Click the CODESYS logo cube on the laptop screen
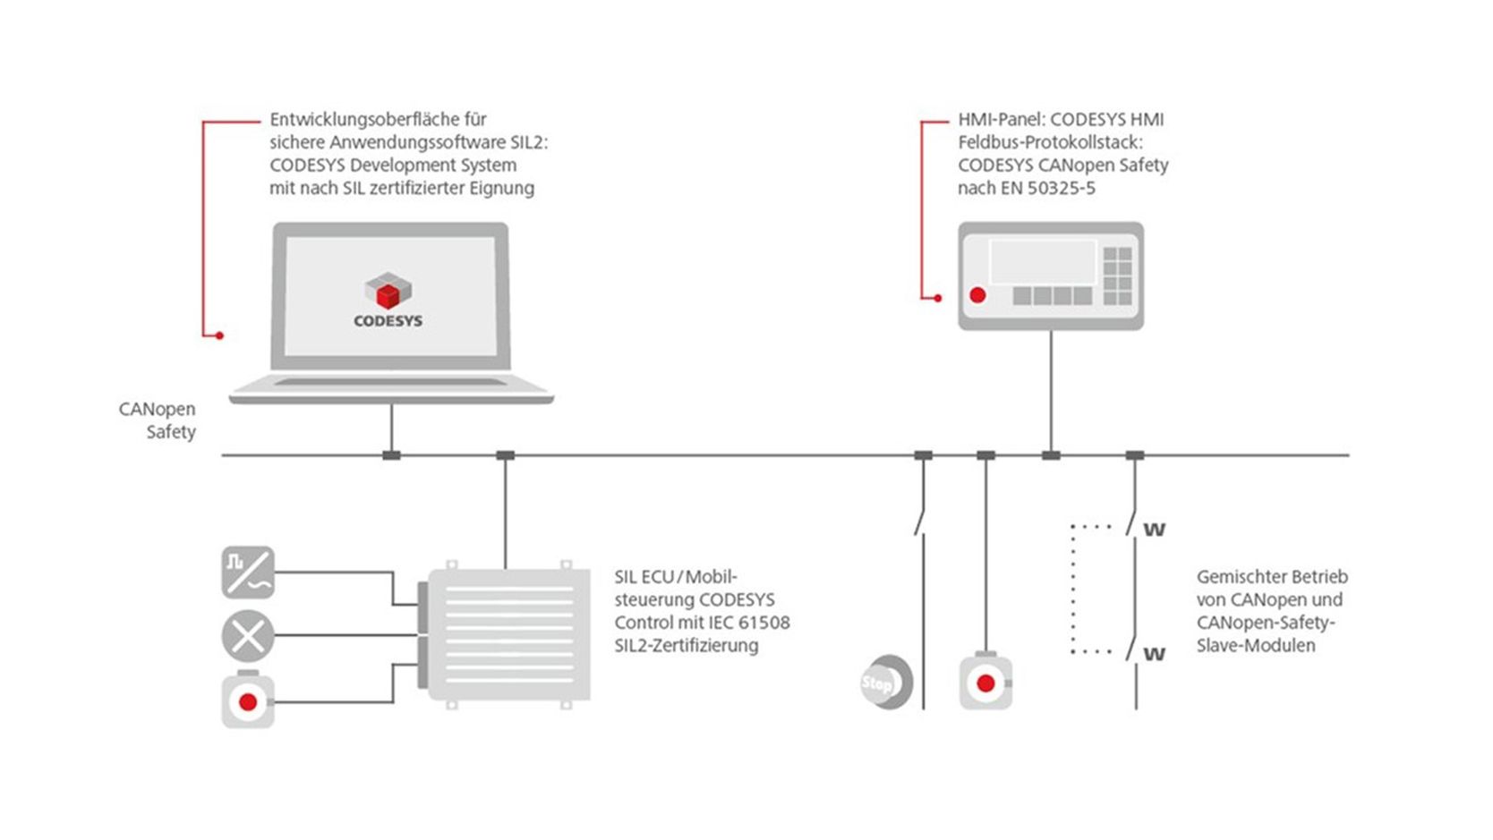coord(388,291)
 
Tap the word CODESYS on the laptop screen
coord(388,321)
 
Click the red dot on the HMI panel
coord(977,294)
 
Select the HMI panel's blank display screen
coord(1042,262)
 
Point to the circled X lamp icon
coord(248,636)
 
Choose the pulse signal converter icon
coord(248,573)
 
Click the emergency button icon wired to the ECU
coord(248,702)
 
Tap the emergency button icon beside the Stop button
coord(985,683)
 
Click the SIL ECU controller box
coord(508,634)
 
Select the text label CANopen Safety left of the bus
coord(158,420)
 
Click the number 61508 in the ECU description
coord(764,623)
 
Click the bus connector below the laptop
coord(391,455)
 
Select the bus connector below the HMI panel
coord(1051,455)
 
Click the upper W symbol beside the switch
coord(1155,530)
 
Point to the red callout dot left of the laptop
coord(219,335)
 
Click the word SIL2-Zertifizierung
coord(686,646)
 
